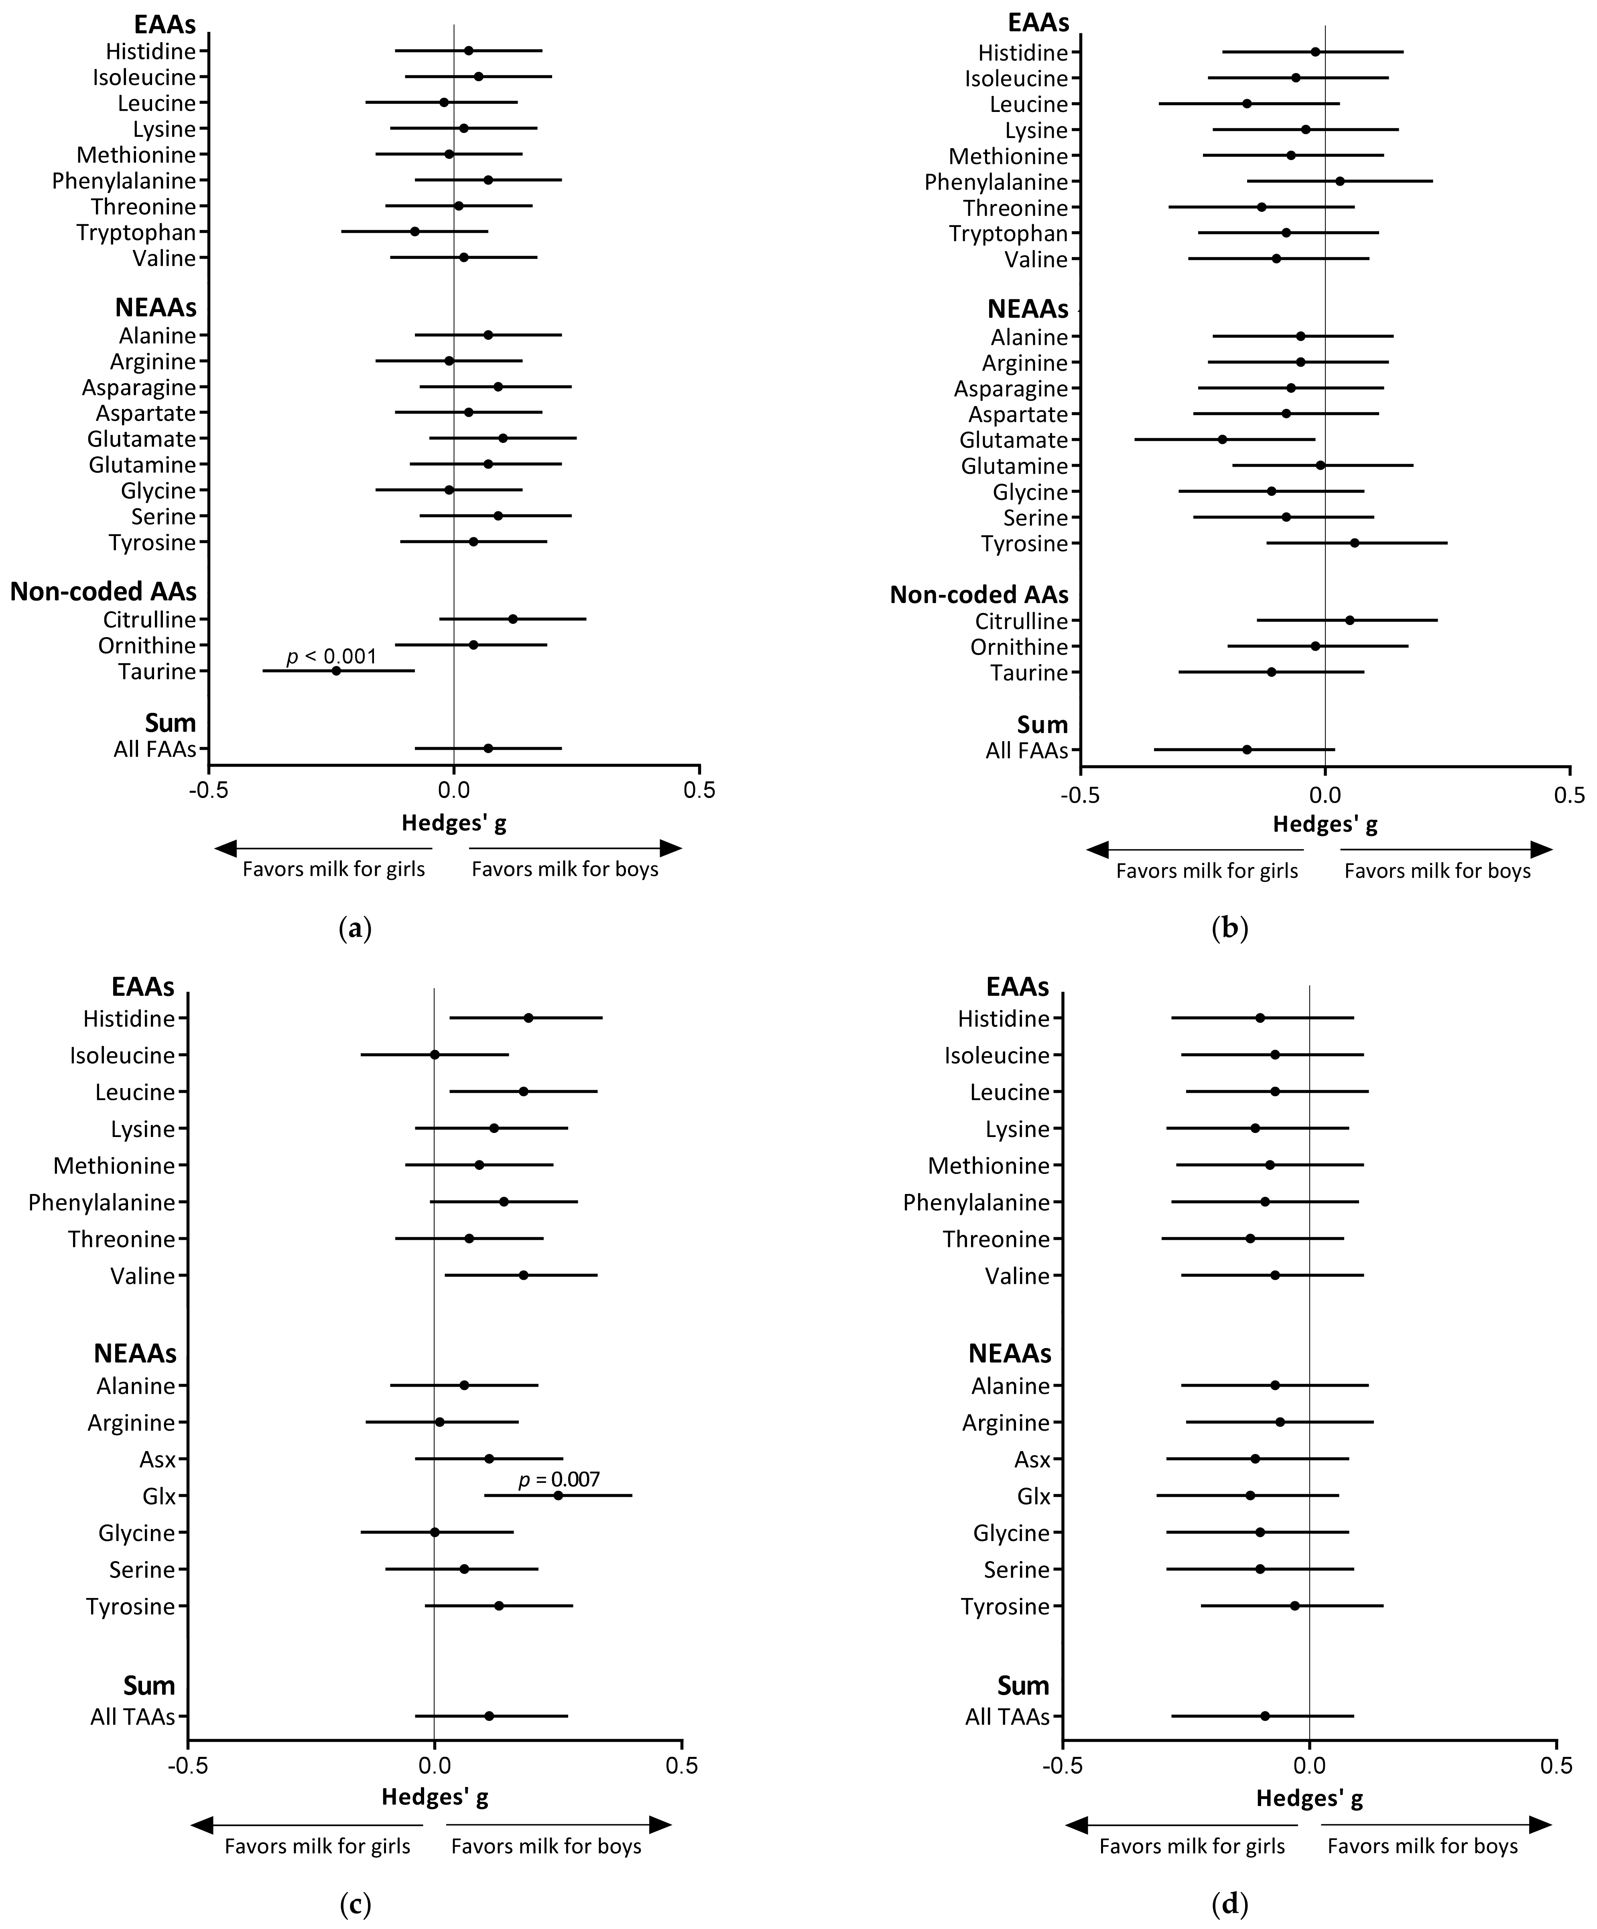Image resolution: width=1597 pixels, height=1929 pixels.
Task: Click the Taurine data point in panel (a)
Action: coord(336,670)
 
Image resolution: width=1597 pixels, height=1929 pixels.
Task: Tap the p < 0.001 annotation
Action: coord(332,656)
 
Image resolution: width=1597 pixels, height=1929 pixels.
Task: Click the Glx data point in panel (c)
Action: coord(558,1495)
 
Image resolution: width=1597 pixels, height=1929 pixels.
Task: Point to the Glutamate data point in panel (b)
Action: coord(1222,439)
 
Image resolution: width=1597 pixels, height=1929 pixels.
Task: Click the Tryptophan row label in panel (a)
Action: coord(136,232)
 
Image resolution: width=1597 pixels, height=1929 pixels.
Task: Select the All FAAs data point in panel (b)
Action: coord(1247,749)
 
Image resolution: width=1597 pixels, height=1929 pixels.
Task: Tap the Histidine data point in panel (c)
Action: coord(528,1018)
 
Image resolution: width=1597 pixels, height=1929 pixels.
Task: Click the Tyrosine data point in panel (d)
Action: coord(1295,1606)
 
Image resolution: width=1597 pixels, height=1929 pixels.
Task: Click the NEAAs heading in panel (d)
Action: coord(1010,1353)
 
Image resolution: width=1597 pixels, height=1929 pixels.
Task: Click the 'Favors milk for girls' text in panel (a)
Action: coord(333,869)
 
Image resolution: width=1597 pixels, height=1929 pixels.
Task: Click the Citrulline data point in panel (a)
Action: coord(513,619)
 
